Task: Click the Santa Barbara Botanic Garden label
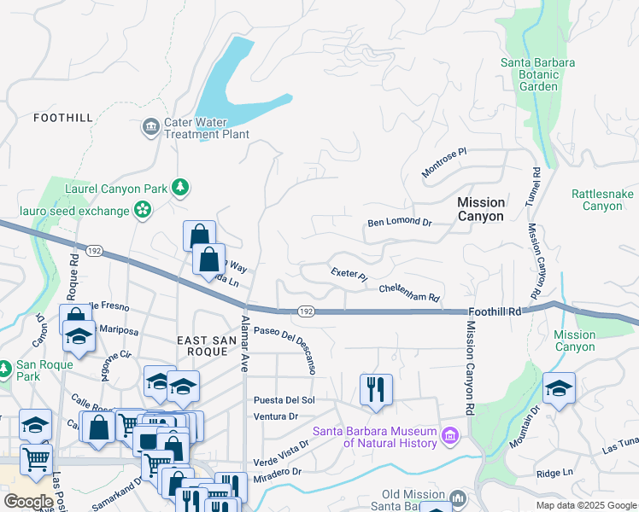point(538,74)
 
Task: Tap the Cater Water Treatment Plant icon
point(151,127)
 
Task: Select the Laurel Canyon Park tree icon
point(179,186)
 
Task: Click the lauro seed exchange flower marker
point(142,210)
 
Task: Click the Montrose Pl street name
point(445,162)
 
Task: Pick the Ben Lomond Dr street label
point(400,222)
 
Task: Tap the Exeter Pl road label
point(349,274)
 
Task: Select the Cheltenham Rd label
point(409,293)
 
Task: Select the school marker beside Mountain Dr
point(559,388)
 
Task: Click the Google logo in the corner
point(28,501)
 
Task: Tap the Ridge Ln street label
point(554,473)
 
